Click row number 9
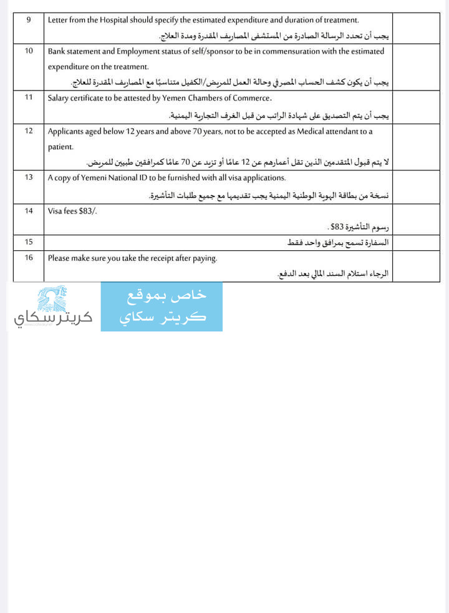(29, 20)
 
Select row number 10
(29, 51)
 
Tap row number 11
(29, 97)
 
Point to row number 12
(29, 131)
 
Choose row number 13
(29, 177)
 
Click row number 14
(29, 211)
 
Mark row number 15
(29, 241)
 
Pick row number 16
(29, 257)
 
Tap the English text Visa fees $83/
(72, 211)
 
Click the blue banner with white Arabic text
(162, 306)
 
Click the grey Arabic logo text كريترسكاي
(53, 319)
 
